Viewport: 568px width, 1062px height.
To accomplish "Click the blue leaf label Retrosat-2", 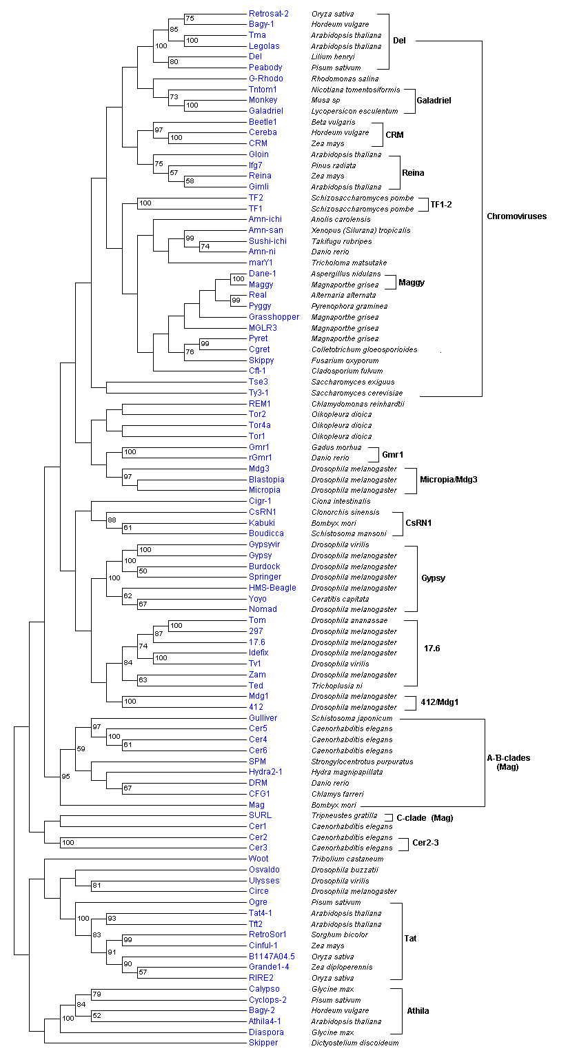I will pos(268,14).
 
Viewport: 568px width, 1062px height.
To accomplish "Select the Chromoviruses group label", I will pos(516,216).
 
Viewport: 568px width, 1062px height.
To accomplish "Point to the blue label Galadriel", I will pos(265,111).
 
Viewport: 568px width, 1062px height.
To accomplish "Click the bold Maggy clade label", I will pos(412,283).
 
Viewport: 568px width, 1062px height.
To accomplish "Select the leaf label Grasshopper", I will pos(274,317).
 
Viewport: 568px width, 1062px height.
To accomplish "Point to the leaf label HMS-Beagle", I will pos(272,588).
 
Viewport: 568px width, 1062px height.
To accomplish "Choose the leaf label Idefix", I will pos(258,653).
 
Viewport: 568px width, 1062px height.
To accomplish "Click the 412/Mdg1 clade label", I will pos(440,702).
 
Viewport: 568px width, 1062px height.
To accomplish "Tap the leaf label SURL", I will pos(260,815).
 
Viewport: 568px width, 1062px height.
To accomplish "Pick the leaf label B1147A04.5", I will pos(272,957).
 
